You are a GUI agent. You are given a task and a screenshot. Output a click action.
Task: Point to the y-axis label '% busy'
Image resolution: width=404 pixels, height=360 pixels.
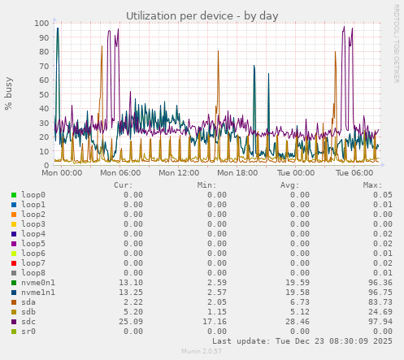(x=9, y=94)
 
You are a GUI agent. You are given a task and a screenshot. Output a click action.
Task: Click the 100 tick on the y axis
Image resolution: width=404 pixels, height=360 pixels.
(x=39, y=23)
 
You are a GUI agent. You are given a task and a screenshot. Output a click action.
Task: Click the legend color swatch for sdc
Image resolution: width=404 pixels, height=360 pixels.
(x=14, y=322)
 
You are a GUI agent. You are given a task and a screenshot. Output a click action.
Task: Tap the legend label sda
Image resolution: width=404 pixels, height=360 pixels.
(x=28, y=302)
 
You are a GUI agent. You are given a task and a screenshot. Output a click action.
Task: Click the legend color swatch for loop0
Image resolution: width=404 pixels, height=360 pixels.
(x=14, y=195)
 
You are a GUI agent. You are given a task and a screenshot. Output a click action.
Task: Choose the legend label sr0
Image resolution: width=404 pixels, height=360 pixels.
(x=28, y=332)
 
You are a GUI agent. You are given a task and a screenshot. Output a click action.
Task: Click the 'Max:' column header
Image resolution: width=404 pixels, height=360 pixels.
(x=372, y=184)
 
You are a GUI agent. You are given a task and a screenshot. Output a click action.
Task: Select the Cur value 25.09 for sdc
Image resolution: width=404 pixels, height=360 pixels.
(x=130, y=322)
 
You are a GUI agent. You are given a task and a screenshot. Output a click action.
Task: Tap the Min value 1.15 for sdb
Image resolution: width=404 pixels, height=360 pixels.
(x=217, y=312)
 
